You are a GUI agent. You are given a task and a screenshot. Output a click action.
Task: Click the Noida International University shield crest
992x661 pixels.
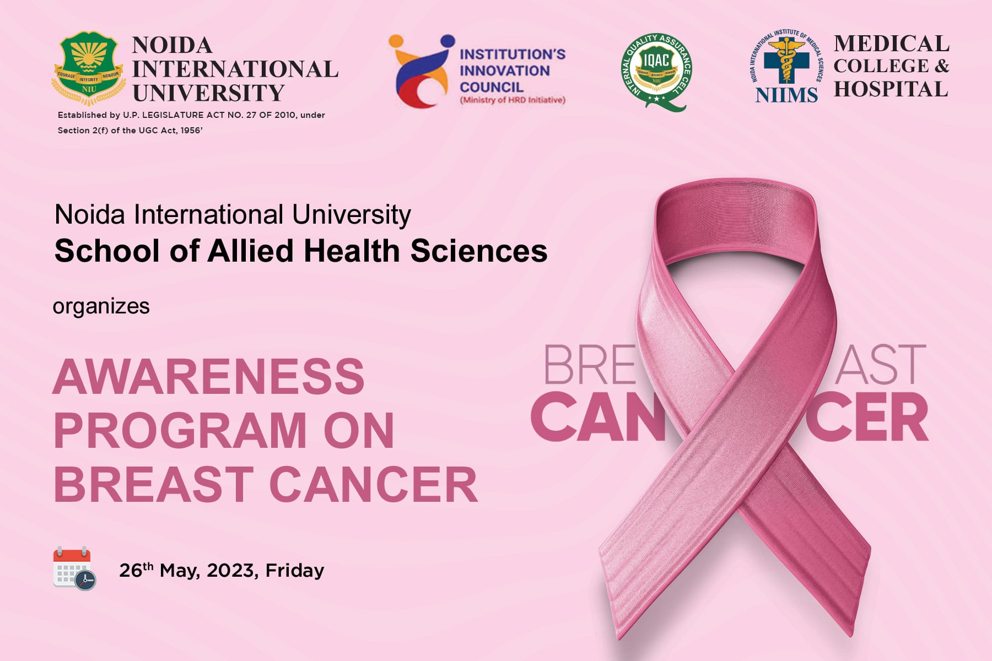88,68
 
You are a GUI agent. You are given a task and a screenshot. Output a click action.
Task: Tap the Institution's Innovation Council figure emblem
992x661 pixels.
420,71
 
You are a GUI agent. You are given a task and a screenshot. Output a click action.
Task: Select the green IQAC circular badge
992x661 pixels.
656,71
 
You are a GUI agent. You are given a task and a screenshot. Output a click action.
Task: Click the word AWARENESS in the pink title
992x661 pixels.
209,377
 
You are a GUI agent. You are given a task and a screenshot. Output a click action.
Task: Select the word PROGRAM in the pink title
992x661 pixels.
180,431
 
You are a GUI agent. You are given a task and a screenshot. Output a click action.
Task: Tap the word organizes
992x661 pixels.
101,306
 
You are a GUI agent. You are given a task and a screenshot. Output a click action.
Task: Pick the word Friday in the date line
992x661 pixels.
294,571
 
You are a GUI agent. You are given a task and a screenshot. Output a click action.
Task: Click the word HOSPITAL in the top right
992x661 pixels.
891,89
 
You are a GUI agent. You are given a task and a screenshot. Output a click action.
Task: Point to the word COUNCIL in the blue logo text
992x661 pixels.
491,87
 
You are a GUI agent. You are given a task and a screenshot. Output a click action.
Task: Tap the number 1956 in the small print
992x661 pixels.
190,131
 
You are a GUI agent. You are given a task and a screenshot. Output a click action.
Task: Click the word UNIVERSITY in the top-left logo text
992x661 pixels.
208,93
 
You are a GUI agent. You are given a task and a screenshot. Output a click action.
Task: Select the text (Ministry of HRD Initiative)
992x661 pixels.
513,100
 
